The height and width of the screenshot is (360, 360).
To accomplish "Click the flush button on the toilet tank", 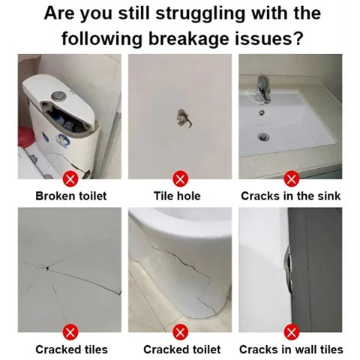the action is click(58, 97).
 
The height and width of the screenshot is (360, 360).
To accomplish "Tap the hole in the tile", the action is click(184, 118).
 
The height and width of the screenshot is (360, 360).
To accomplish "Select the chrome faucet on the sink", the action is click(264, 88).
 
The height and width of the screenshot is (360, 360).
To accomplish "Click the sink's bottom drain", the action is click(263, 136).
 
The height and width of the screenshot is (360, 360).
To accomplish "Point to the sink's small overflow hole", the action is click(262, 112).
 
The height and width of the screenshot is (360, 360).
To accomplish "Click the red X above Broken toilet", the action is click(70, 179).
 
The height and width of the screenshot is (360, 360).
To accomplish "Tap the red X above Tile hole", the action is click(181, 179).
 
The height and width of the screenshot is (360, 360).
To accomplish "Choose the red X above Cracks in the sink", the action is click(291, 179).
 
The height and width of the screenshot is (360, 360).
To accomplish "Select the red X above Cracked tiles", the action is click(70, 332).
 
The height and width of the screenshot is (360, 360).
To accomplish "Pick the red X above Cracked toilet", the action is click(181, 332).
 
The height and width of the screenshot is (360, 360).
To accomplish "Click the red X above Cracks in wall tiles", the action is click(291, 332).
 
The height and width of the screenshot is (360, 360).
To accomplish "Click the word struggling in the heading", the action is click(200, 14).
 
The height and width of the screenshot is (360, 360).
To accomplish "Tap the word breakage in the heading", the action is click(189, 40).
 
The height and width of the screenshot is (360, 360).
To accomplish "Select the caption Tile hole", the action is click(177, 196).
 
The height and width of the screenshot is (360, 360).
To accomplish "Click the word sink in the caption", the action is click(329, 196).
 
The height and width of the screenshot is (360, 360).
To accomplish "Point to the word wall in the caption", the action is click(304, 349).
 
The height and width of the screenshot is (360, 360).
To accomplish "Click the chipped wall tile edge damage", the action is click(288, 269).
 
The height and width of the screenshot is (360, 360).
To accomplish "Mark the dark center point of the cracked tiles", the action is click(47, 268).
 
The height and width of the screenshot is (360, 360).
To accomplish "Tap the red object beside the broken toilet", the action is click(25, 137).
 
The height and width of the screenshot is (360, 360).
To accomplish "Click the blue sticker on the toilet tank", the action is click(62, 139).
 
